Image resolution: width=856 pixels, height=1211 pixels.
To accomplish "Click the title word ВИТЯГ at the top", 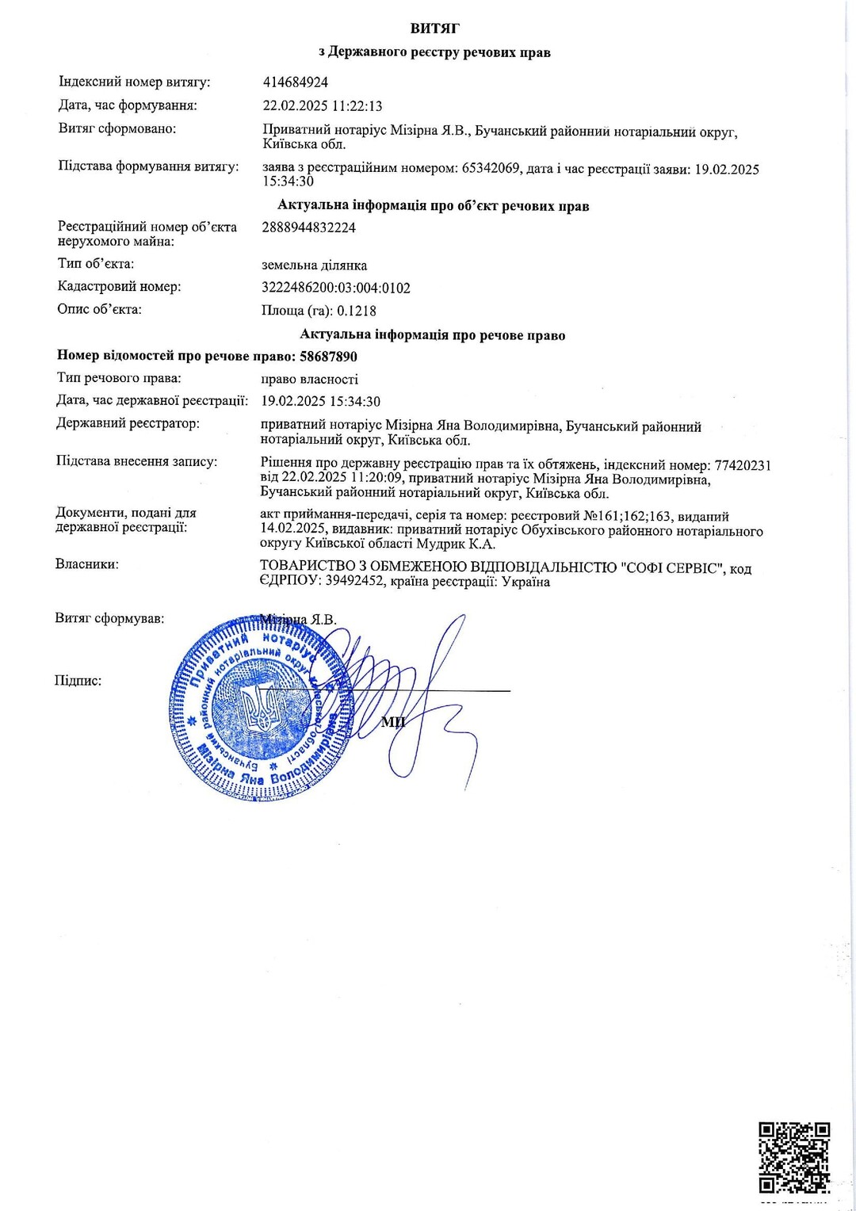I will (435, 29).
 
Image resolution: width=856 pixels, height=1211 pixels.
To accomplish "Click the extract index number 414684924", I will (295, 82).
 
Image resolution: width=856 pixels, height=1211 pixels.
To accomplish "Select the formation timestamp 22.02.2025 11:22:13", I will (323, 105).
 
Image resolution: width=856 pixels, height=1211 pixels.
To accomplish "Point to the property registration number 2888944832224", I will (308, 227).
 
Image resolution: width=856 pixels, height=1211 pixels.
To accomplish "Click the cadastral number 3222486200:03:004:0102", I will (336, 288).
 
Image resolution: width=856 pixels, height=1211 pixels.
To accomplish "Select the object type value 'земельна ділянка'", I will (314, 265).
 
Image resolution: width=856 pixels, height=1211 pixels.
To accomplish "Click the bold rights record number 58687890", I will (329, 357).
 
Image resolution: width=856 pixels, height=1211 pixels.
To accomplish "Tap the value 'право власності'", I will (309, 379).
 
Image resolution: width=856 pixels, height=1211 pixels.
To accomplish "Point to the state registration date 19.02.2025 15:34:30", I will (320, 402).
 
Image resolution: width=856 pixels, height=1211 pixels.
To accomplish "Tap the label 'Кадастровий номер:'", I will (119, 287).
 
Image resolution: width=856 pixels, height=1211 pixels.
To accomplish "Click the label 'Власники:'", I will (87, 564).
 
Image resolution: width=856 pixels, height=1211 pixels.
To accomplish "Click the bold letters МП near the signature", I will (393, 721).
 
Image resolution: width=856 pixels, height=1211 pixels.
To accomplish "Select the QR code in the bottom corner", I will (794, 1157).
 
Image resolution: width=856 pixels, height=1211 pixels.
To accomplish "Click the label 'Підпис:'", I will (78, 680).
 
